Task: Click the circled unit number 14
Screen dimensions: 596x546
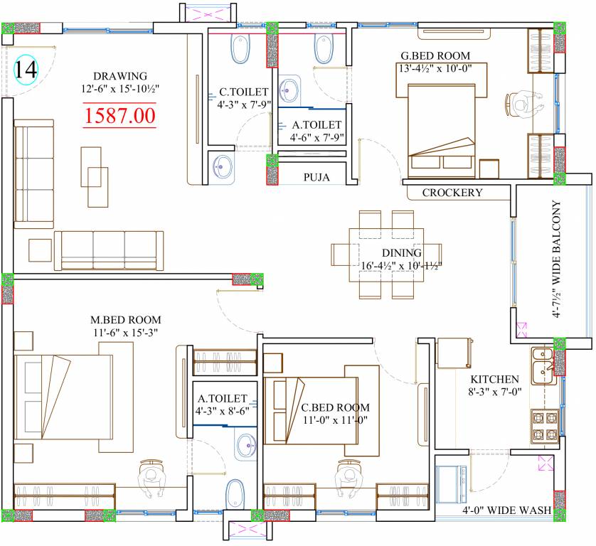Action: (x=26, y=70)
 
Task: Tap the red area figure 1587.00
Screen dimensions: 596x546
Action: (x=119, y=115)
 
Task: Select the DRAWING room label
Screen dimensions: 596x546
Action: (x=120, y=76)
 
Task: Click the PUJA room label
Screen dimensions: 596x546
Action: (x=316, y=178)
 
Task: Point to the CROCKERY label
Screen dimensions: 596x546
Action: (x=452, y=193)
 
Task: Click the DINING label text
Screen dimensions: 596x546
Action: (x=402, y=252)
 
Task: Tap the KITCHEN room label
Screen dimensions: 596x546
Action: (x=494, y=379)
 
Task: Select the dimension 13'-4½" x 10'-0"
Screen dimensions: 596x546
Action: (x=435, y=68)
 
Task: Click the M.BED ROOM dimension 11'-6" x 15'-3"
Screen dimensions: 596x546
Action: (x=126, y=333)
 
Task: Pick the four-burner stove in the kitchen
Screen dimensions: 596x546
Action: (x=544, y=426)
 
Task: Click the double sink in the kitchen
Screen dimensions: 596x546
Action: (x=544, y=366)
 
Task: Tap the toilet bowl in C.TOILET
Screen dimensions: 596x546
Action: (x=240, y=49)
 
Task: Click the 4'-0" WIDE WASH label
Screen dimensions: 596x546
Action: (x=506, y=510)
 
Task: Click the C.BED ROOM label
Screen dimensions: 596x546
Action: (x=335, y=407)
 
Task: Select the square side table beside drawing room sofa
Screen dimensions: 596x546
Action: (x=40, y=250)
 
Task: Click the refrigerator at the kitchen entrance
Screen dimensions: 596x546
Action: (x=454, y=353)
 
